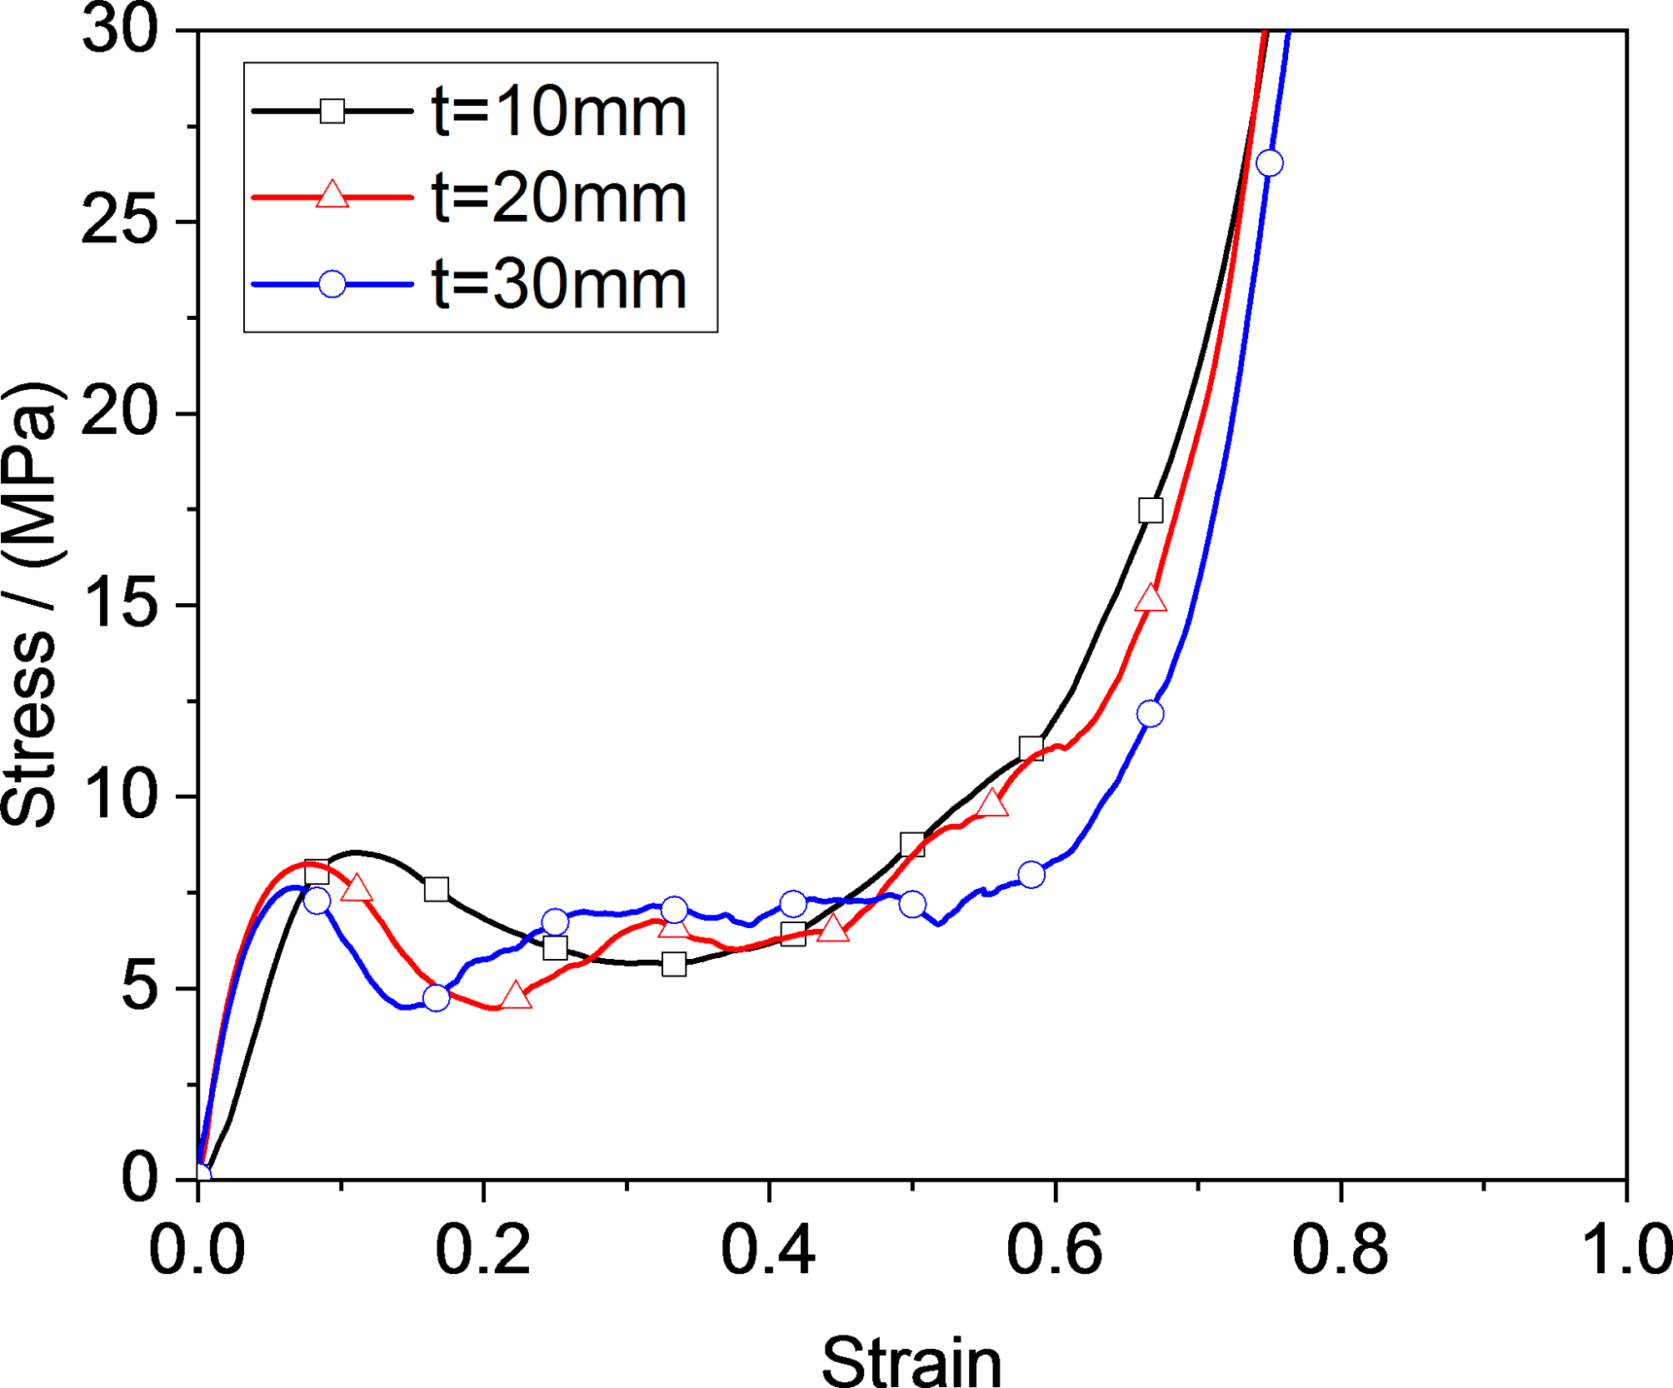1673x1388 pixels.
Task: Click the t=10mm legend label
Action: pyautogui.click(x=558, y=112)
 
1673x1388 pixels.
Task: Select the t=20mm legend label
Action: pyautogui.click(x=558, y=198)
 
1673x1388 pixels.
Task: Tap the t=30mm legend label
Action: pyautogui.click(x=558, y=285)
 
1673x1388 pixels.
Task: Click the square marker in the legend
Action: pyautogui.click(x=332, y=111)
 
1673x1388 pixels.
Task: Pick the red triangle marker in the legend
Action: pyautogui.click(x=332, y=196)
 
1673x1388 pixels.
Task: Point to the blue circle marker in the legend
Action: pyautogui.click(x=332, y=284)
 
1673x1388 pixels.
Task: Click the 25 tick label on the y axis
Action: pyautogui.click(x=119, y=222)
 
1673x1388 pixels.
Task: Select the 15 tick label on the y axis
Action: pyautogui.click(x=119, y=605)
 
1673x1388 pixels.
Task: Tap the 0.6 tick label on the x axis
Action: pyautogui.click(x=1054, y=1251)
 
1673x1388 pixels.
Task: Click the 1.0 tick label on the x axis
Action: pyautogui.click(x=1625, y=1251)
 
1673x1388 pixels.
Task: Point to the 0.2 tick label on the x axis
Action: pyautogui.click(x=482, y=1251)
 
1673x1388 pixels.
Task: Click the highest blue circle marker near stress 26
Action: pyautogui.click(x=1269, y=163)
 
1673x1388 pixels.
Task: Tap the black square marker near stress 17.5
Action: pyautogui.click(x=1150, y=510)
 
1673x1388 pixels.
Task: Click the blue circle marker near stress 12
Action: pyautogui.click(x=1150, y=714)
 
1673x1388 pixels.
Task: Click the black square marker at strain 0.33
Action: pyautogui.click(x=674, y=965)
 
